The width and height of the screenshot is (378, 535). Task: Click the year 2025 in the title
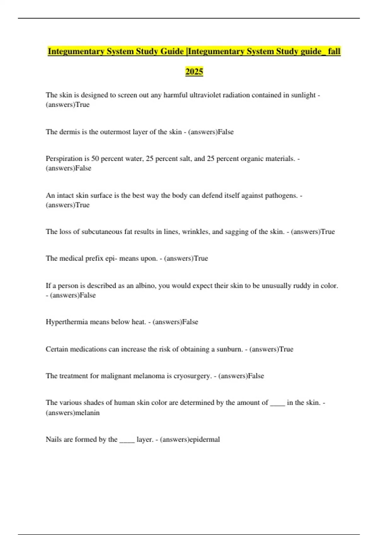[194, 72]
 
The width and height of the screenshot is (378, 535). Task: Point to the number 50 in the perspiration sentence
[95, 159]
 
